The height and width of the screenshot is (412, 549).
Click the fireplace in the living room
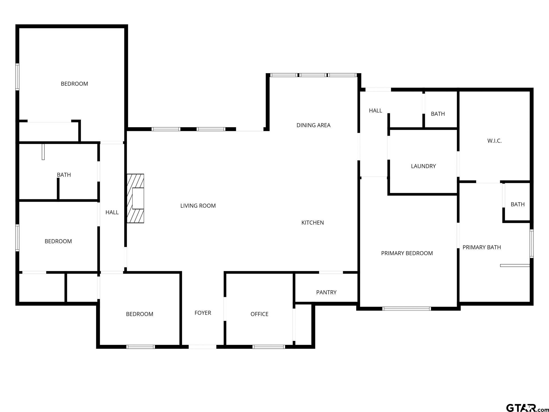click(x=135, y=198)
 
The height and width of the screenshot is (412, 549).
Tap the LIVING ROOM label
click(x=198, y=206)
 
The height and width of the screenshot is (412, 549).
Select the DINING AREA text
click(x=313, y=125)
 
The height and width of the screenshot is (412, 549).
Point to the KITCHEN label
click(x=313, y=223)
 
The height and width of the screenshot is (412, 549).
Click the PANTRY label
click(x=326, y=292)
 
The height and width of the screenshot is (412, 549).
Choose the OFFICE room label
click(x=259, y=314)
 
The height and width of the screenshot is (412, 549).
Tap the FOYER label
click(x=203, y=313)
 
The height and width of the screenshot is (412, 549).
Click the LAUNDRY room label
click(x=423, y=166)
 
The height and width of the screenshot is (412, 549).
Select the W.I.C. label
click(x=494, y=141)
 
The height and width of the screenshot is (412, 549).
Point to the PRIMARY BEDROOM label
click(x=407, y=253)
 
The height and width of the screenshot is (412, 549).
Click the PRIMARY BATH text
click(x=482, y=247)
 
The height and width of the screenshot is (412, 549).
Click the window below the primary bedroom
click(x=406, y=309)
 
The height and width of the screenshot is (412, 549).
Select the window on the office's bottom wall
click(x=269, y=347)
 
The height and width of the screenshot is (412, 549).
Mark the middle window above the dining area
click(x=313, y=75)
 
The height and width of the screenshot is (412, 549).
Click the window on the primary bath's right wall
click(x=532, y=244)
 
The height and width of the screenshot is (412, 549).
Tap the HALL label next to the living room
click(x=112, y=212)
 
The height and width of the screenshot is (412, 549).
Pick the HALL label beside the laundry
click(x=376, y=111)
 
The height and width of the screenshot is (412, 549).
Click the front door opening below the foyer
click(x=202, y=347)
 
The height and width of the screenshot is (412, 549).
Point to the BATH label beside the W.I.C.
click(x=438, y=114)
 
